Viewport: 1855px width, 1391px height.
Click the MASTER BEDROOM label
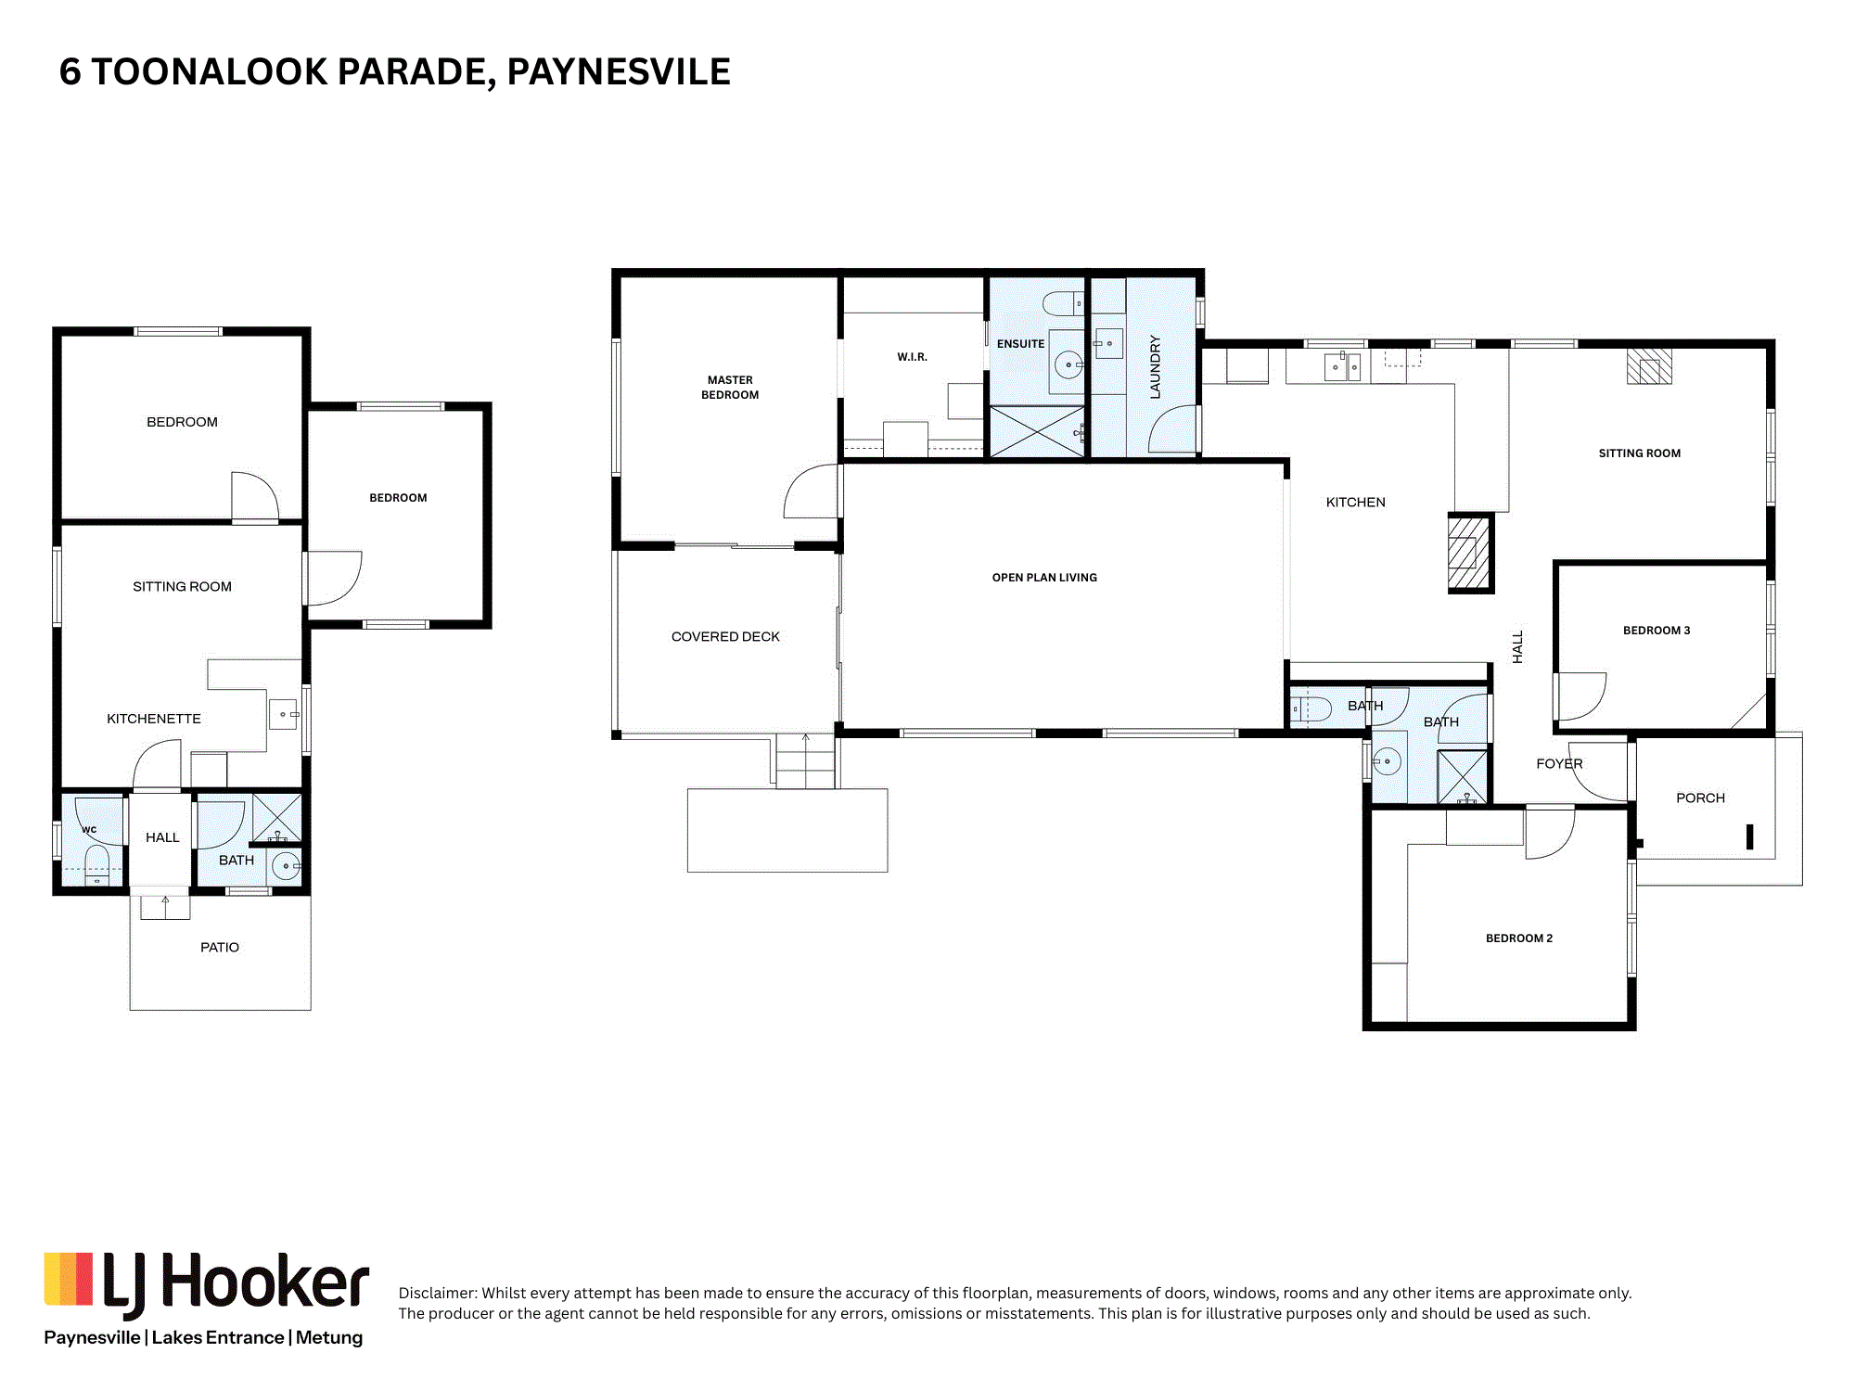(x=730, y=388)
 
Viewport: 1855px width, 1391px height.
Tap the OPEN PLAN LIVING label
(x=1044, y=578)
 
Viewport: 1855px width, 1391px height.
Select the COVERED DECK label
(x=725, y=637)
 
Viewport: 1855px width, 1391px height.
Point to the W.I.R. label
(x=912, y=357)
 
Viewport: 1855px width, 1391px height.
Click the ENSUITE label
(x=1020, y=344)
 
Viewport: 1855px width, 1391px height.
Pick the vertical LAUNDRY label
(x=1155, y=367)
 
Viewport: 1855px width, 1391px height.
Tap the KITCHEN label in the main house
(x=1355, y=503)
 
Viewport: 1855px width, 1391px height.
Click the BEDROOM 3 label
(x=1657, y=631)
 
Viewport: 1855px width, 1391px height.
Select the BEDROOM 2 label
(x=1519, y=938)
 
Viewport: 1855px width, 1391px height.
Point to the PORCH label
(x=1700, y=798)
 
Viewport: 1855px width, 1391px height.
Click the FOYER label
(x=1559, y=764)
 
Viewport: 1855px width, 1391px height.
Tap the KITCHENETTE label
(x=153, y=719)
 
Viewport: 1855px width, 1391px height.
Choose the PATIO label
(x=220, y=948)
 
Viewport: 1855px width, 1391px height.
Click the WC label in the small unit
(x=89, y=830)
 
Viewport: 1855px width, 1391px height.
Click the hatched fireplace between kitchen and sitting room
(x=1470, y=554)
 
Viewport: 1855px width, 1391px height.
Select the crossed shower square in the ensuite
(x=1037, y=431)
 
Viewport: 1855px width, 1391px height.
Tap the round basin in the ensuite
(x=1068, y=365)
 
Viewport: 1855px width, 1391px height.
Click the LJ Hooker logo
(x=207, y=1285)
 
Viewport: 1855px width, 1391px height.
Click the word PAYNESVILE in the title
(x=619, y=72)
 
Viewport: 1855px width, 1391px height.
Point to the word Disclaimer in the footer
(x=437, y=1293)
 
